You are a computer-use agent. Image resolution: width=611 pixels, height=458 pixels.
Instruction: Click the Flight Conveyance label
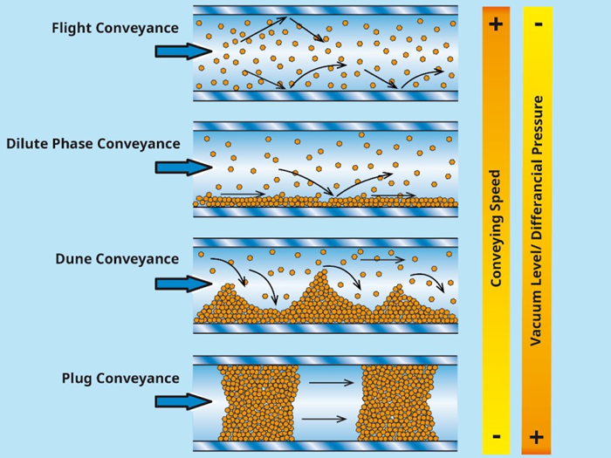point(115,28)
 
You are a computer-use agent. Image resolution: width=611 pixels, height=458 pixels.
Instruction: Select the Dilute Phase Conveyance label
point(93,144)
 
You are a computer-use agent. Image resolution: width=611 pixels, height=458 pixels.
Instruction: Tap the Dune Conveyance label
point(117,259)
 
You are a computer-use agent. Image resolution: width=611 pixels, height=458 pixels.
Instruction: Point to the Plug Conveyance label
point(120,379)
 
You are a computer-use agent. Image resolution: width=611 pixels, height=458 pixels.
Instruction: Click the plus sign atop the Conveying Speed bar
point(496,24)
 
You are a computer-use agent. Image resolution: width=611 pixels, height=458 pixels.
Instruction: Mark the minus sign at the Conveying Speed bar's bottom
point(496,435)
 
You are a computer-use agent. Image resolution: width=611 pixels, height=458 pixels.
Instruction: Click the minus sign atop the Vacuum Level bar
point(537,23)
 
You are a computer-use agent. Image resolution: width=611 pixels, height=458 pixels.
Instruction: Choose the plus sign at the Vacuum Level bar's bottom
point(537,436)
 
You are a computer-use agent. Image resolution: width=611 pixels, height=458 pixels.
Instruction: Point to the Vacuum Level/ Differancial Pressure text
point(538,220)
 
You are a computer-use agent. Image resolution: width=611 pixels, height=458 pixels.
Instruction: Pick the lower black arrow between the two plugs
point(324,420)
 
